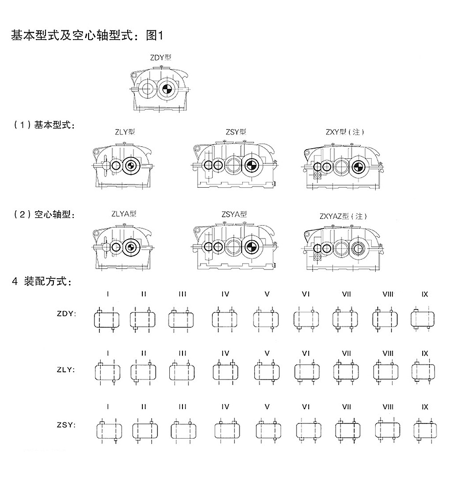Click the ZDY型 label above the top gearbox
(160, 57)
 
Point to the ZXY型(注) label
(345, 132)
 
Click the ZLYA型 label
(124, 214)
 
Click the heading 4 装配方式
(42, 282)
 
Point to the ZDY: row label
(67, 313)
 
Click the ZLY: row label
(67, 370)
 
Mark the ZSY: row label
(67, 425)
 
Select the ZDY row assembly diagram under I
(107, 320)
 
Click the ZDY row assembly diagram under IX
(424, 320)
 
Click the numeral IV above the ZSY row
(225, 407)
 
